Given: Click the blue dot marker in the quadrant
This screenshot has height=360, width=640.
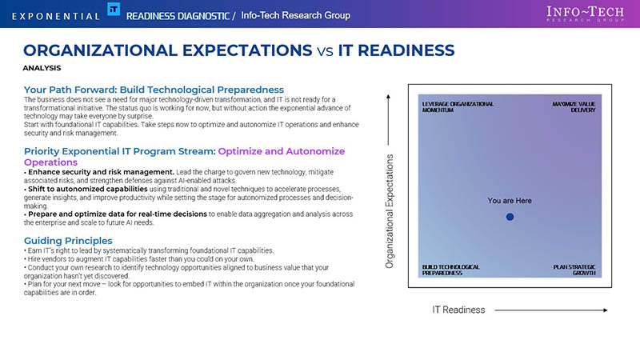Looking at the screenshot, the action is click(x=510, y=217).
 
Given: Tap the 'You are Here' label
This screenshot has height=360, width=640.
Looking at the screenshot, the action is click(x=510, y=201).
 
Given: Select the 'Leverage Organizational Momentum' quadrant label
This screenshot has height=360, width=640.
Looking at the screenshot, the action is click(x=458, y=107).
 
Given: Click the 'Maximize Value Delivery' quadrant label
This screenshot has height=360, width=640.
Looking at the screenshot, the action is click(x=574, y=107).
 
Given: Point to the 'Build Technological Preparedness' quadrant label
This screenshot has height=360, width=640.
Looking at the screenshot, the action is click(x=450, y=270).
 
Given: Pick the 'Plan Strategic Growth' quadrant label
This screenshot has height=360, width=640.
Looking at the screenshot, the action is click(x=574, y=270).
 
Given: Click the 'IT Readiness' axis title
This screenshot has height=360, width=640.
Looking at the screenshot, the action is click(x=458, y=310).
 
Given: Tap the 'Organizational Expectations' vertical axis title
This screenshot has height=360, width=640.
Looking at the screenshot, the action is click(x=390, y=211).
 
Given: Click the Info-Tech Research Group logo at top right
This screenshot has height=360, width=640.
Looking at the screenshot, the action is click(x=586, y=14).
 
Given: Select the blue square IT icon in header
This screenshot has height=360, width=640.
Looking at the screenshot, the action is click(x=114, y=9).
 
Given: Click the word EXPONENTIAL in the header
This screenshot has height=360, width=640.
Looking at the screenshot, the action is click(x=56, y=16).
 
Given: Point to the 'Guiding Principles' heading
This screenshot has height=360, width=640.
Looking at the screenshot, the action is click(x=68, y=241).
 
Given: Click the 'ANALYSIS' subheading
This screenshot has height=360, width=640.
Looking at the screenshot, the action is click(x=42, y=68).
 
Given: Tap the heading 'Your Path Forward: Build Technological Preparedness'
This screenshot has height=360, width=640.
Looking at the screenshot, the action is click(x=154, y=90).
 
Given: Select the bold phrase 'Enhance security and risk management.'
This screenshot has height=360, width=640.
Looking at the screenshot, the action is click(x=102, y=172).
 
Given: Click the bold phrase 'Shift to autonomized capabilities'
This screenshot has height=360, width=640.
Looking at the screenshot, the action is click(x=88, y=189).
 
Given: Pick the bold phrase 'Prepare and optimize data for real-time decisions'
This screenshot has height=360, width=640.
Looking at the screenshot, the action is click(x=118, y=214).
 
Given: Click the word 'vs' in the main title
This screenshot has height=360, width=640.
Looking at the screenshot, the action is click(x=325, y=51).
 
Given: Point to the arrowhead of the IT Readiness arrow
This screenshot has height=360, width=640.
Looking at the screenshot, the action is click(x=606, y=310).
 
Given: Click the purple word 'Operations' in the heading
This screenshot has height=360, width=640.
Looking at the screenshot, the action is click(x=50, y=162).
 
